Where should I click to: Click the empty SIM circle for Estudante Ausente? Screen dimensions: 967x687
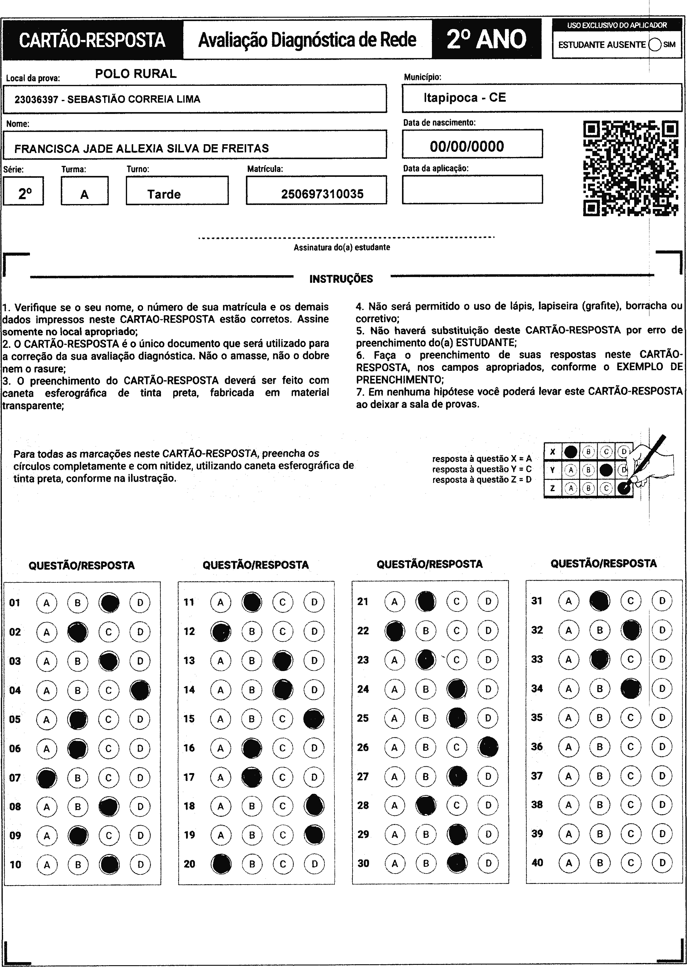654,44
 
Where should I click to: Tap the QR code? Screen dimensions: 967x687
630,168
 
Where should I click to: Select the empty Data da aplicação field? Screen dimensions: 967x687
472,189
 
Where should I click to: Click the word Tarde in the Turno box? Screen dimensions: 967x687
164,194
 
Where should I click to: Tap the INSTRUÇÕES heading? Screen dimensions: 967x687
341,279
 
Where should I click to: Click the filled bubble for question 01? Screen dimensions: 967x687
109,603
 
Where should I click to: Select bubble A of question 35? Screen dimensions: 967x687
568,717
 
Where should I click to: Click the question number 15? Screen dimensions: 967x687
189,719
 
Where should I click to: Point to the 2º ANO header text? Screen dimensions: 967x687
487,39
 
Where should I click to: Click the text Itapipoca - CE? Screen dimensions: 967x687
465,98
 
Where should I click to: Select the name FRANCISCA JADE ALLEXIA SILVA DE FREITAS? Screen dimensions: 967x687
141,148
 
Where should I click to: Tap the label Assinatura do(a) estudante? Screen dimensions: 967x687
342,247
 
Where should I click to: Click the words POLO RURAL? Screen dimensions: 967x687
135,74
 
